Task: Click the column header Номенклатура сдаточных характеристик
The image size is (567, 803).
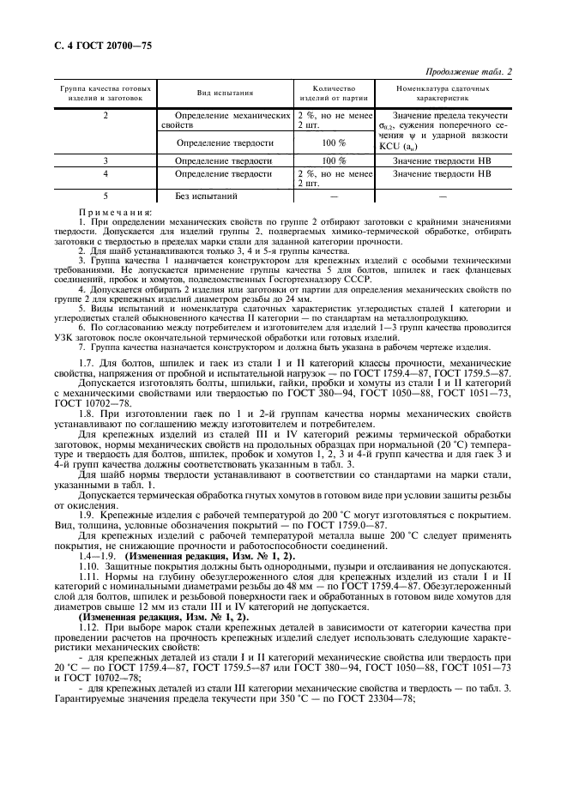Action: click(x=443, y=94)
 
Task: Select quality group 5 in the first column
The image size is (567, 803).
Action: click(x=106, y=196)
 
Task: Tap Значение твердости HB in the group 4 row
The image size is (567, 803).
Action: click(x=443, y=174)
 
